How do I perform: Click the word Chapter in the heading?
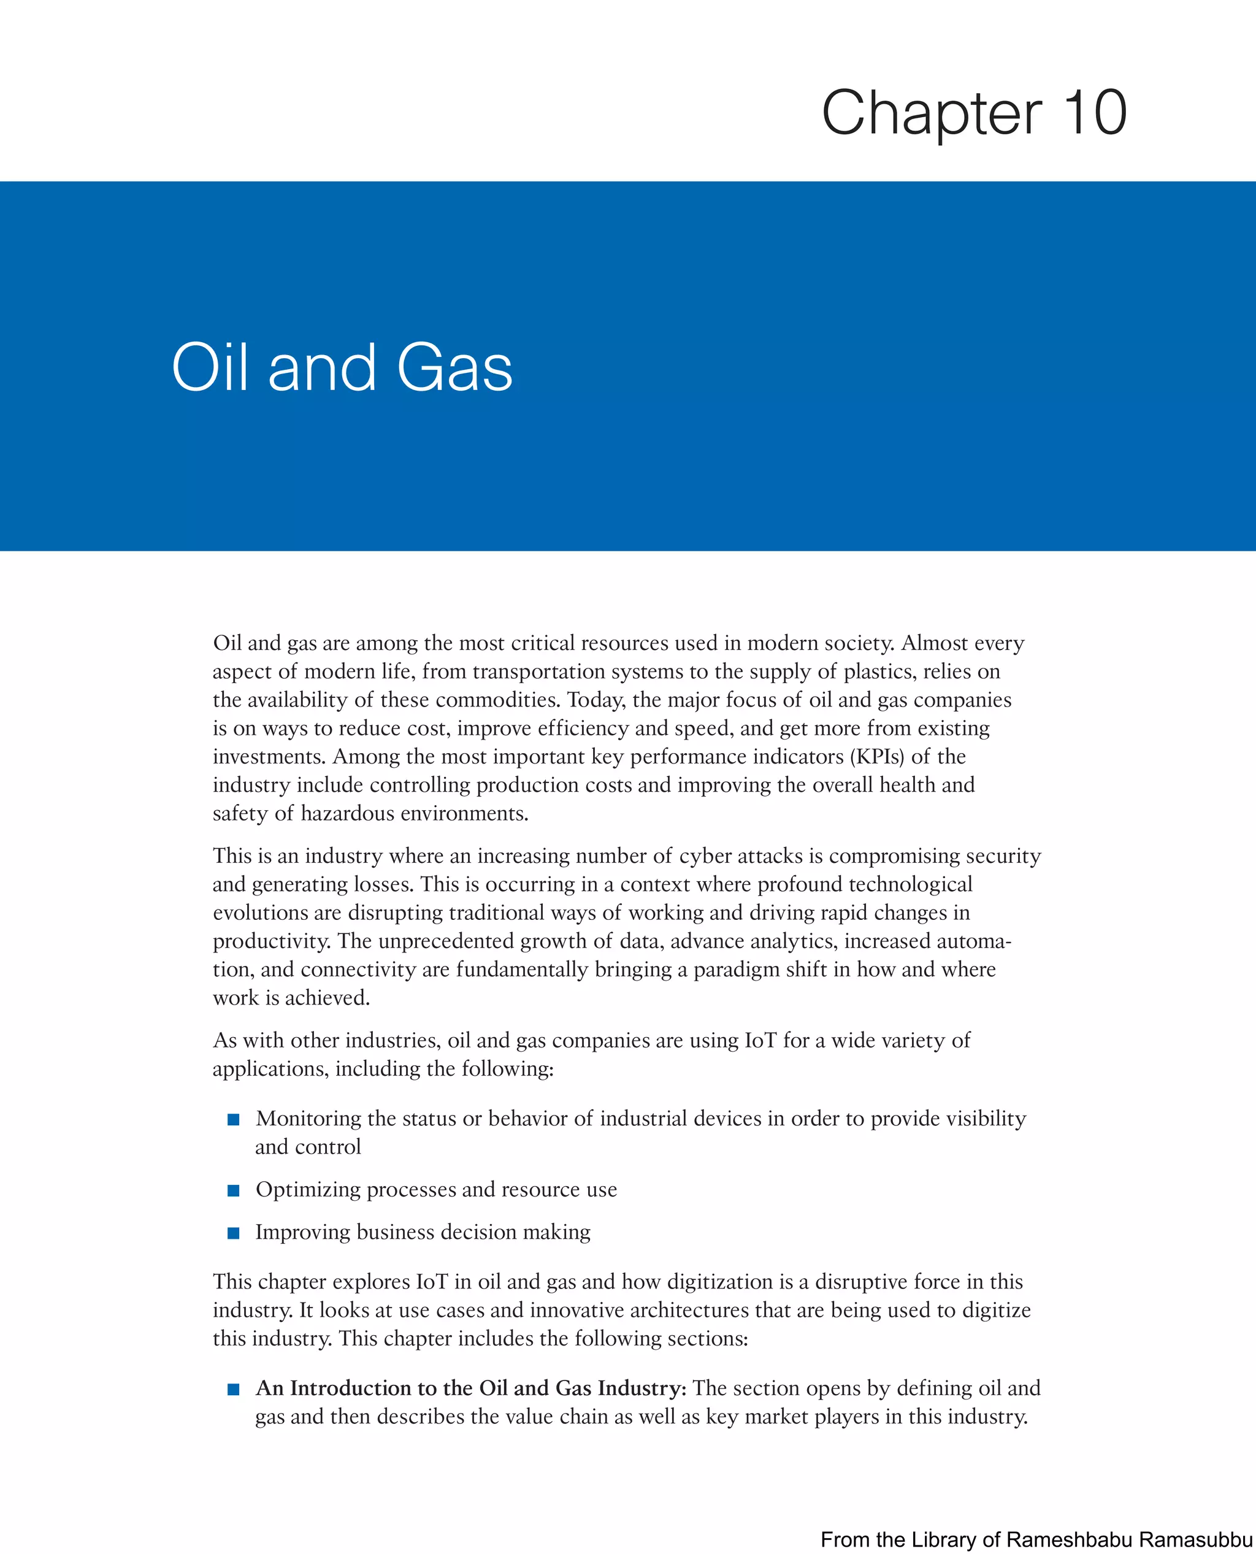tap(931, 114)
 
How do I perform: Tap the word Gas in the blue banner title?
tap(454, 367)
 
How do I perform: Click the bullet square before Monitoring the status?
tap(233, 1119)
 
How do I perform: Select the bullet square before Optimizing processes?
tap(233, 1190)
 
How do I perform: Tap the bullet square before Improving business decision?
tap(233, 1233)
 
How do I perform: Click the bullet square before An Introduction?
tap(233, 1389)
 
